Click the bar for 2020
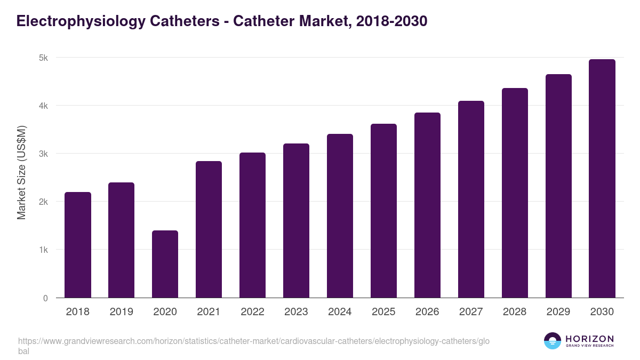coord(165,264)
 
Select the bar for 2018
coord(78,245)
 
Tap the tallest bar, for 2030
coord(602,179)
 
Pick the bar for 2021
coord(209,229)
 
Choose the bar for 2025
coord(383,211)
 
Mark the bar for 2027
coord(471,199)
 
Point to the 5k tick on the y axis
coord(43,58)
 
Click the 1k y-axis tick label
coord(43,250)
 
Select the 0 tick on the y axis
coord(45,298)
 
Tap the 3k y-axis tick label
coord(43,154)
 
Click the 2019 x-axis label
coord(122,312)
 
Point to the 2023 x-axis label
coord(296,312)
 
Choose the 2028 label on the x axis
coord(515,312)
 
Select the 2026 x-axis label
coord(427,312)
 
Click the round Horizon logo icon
coord(553,341)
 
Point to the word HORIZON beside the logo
coord(589,339)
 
